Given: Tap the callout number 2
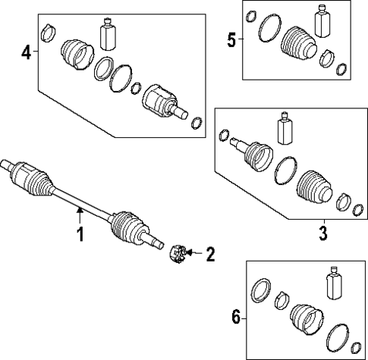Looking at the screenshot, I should click(210, 253).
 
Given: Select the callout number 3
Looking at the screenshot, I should click(322, 233).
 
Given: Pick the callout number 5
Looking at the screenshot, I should click(231, 39).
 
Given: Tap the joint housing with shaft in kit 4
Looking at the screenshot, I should click(164, 102).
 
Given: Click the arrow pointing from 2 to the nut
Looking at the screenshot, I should click(193, 252).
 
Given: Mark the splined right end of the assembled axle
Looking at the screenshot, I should click(156, 243).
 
